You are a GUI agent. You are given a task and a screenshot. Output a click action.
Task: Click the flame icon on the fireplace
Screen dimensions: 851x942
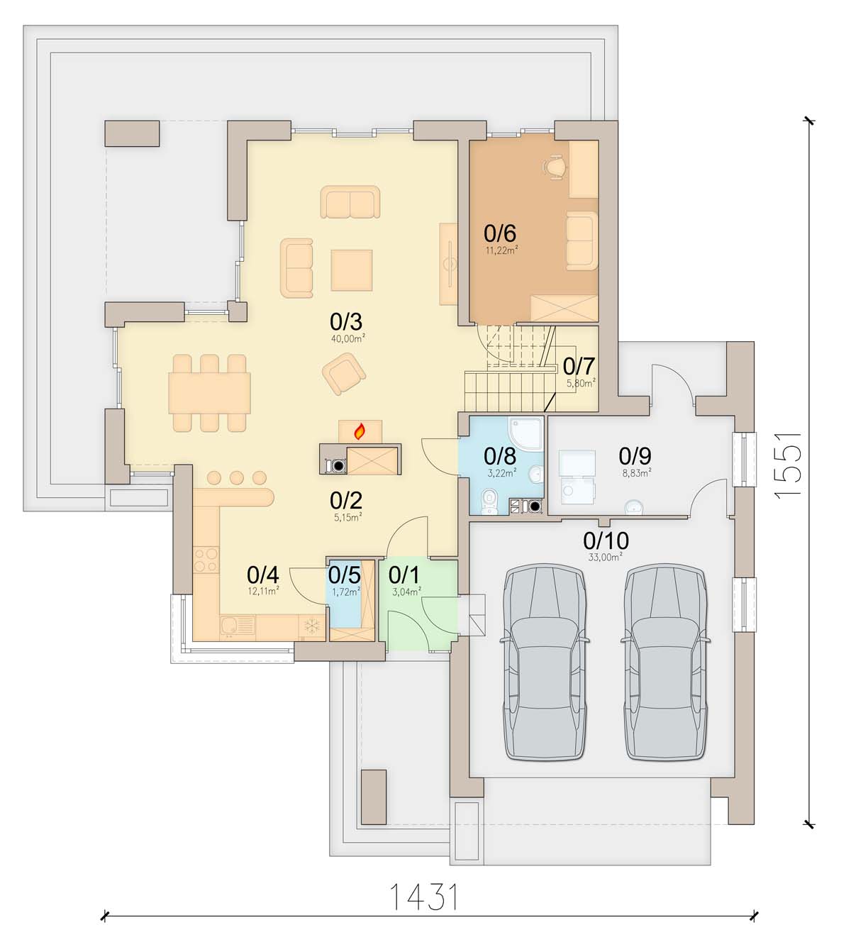[x=360, y=431]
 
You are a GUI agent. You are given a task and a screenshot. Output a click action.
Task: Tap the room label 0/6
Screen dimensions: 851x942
[x=500, y=233]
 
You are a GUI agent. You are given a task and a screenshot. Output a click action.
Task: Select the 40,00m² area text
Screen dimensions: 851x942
[x=348, y=338]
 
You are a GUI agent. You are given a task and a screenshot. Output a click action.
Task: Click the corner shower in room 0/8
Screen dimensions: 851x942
[x=525, y=433]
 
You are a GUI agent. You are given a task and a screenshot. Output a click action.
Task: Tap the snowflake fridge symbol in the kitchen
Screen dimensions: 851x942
[x=312, y=626]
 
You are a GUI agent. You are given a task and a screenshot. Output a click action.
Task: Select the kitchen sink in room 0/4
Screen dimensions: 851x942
[x=237, y=627]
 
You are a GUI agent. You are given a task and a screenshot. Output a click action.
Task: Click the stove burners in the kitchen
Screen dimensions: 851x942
[x=206, y=559]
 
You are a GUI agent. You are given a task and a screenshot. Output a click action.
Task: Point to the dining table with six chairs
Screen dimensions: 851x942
[x=209, y=393]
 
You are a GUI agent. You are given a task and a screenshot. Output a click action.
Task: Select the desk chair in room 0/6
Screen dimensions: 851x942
[x=555, y=167]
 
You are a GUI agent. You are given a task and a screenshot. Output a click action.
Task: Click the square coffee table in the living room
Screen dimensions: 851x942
[x=351, y=270]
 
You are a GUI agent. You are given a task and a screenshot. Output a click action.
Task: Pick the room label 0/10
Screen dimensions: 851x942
[x=606, y=541]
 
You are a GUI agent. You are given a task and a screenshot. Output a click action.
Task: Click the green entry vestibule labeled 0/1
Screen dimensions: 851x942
[x=418, y=605]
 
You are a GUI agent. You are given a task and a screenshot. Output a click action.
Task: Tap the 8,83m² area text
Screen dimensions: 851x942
[x=637, y=473]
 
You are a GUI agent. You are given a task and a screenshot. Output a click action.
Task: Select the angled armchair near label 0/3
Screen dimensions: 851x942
[x=344, y=374]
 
